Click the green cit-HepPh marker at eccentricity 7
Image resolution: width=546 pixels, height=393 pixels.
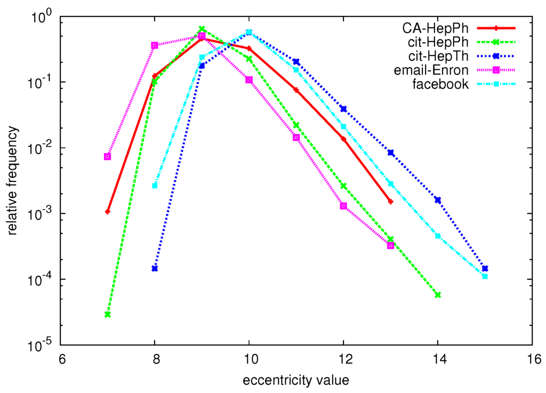(x=108, y=315)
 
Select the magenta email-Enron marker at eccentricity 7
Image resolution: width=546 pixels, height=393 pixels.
(x=108, y=156)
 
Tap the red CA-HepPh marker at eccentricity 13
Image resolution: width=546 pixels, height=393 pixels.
(x=391, y=202)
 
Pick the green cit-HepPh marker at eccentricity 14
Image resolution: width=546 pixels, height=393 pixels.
(x=438, y=295)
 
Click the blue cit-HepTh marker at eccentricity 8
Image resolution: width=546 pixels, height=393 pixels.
(x=155, y=268)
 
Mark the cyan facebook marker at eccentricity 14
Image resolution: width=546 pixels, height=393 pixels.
(x=438, y=236)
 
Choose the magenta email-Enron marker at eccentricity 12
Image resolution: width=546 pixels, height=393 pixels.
(x=343, y=206)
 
